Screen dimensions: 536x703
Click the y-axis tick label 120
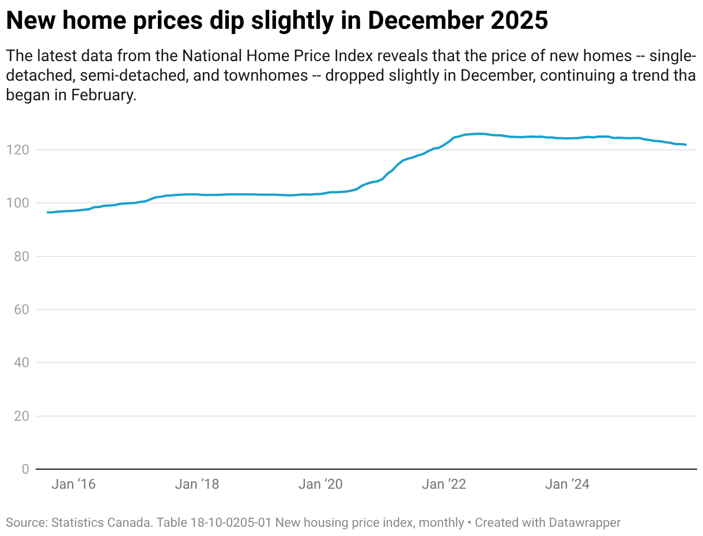click(18, 150)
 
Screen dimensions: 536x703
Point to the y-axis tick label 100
click(18, 203)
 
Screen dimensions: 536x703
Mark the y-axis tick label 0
click(25, 469)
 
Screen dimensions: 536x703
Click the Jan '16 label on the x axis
click(73, 484)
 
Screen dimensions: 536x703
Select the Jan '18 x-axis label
click(196, 484)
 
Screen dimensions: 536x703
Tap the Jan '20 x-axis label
click(320, 484)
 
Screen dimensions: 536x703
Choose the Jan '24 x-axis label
click(567, 484)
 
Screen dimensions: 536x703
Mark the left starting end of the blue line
click(48, 212)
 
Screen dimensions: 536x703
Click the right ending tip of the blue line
click(686, 145)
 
